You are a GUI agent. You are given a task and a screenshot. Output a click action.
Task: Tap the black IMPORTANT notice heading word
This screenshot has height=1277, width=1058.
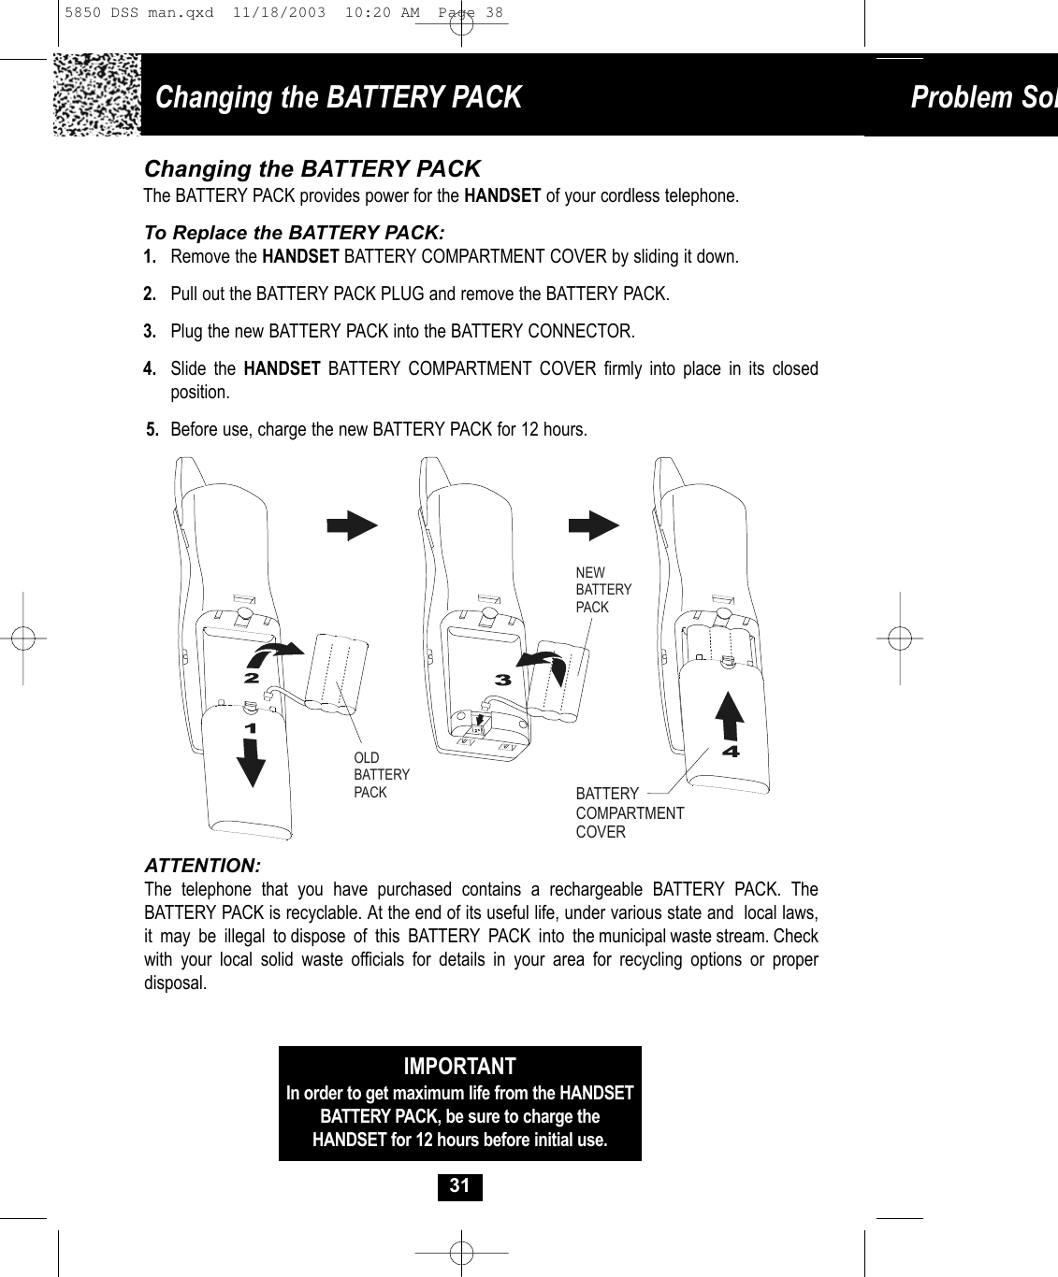(459, 1067)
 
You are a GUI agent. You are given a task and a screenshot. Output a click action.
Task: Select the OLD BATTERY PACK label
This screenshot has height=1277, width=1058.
(381, 775)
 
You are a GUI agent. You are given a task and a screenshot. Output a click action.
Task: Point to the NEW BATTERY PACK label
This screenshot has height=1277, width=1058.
(603, 589)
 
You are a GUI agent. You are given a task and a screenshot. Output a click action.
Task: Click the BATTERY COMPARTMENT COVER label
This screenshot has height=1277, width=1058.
(629, 812)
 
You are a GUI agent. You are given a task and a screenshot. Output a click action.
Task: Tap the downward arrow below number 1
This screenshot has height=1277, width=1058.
(250, 764)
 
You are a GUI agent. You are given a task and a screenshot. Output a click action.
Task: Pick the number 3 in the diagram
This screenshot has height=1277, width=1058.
(502, 681)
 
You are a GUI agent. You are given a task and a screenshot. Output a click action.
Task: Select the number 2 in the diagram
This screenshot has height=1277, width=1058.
(250, 677)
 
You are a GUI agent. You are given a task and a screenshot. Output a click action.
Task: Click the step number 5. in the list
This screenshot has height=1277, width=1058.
(152, 430)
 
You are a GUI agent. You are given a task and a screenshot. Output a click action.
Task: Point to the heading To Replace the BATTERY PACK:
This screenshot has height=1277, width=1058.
(295, 232)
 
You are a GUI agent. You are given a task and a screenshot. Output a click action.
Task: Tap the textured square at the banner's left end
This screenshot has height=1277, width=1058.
(97, 94)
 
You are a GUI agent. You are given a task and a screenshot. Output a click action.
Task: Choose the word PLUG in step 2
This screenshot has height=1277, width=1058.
(404, 294)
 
